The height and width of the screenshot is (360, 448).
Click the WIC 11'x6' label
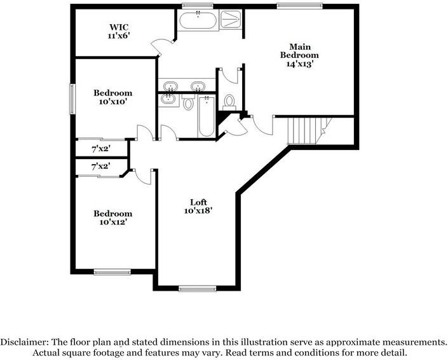click(x=119, y=32)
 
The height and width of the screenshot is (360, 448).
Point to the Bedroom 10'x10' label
click(x=113, y=97)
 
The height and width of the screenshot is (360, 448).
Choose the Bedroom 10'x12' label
click(x=113, y=218)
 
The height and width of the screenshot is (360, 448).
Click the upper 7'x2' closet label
click(x=100, y=148)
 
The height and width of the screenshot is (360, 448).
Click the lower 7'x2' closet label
click(x=100, y=166)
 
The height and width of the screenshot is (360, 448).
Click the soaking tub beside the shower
click(x=198, y=20)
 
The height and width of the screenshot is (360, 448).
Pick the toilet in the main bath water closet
click(x=230, y=101)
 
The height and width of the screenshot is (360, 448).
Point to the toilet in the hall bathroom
click(x=189, y=104)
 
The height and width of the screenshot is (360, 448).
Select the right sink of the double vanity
click(x=198, y=86)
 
